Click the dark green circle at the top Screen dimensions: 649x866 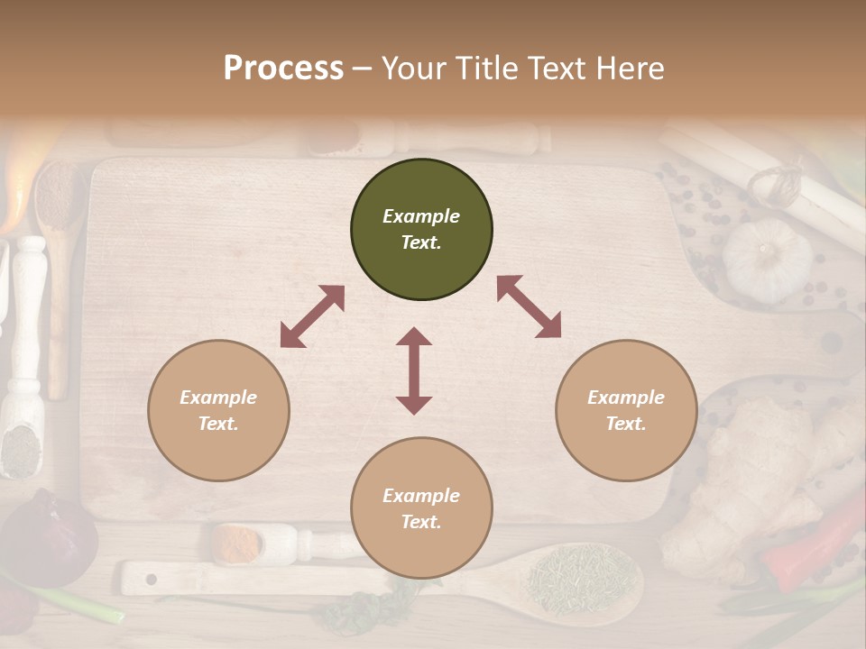[421, 230]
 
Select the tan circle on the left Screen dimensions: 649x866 [218, 410]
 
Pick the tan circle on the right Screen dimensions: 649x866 [626, 410]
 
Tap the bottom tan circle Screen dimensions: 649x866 [421, 508]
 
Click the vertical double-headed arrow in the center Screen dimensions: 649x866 [414, 370]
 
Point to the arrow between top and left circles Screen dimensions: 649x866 [312, 316]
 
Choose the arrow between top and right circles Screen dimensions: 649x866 [529, 306]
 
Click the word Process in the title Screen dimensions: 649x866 [283, 68]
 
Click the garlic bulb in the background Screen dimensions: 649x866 [767, 260]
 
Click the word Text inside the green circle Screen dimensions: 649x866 [420, 243]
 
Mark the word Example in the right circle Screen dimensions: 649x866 [625, 398]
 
